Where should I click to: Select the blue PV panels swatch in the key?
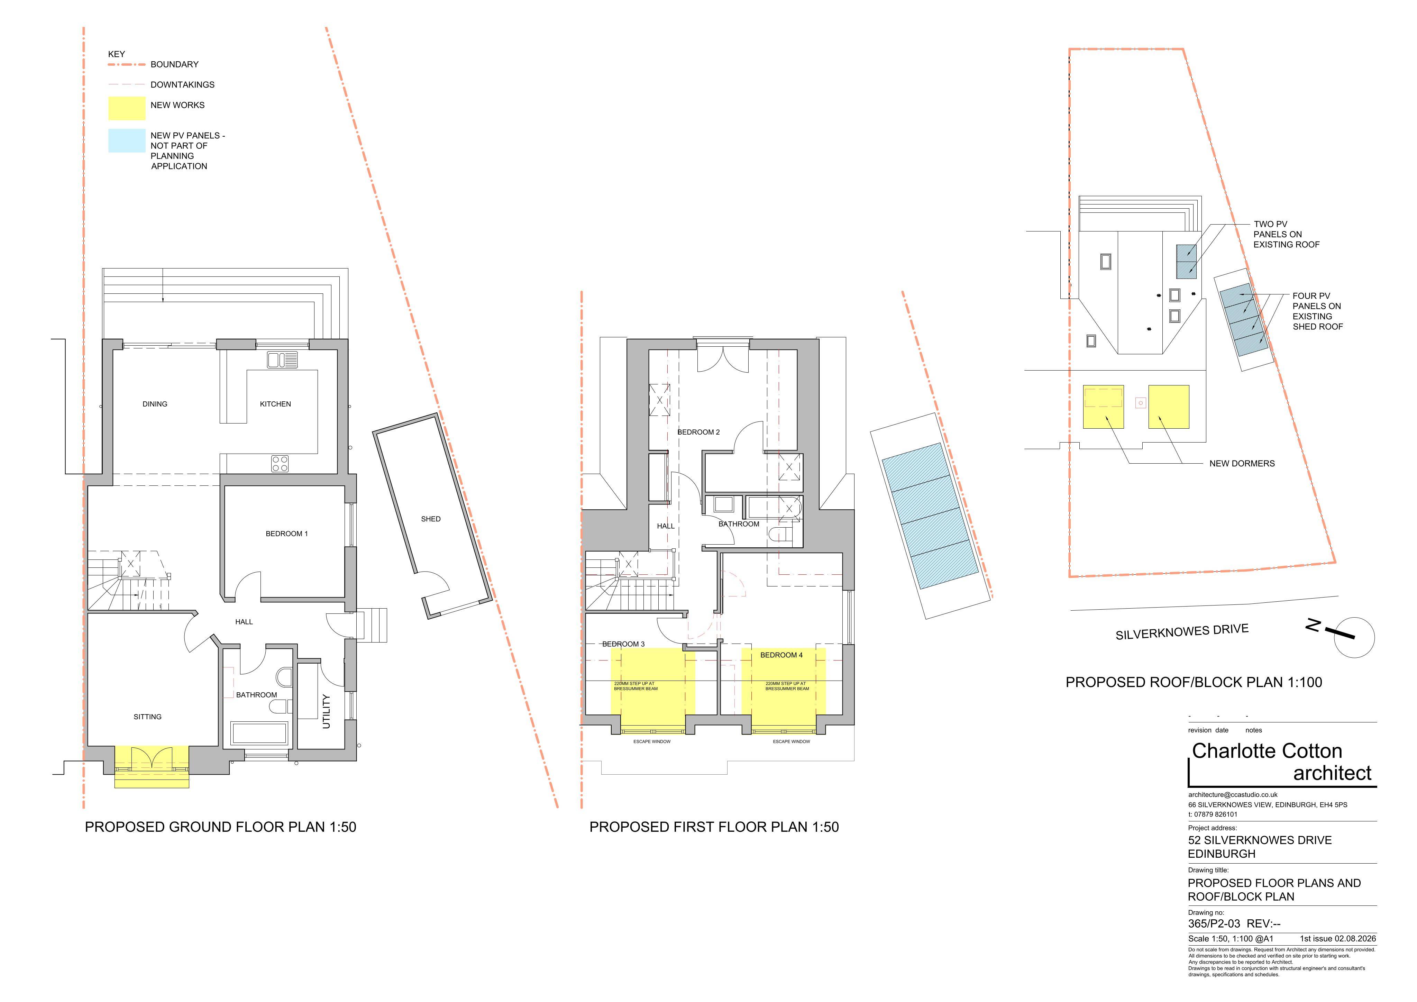(127, 140)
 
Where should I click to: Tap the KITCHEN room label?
(275, 404)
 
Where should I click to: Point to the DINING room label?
(155, 404)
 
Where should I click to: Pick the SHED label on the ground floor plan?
(431, 519)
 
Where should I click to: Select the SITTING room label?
(147, 717)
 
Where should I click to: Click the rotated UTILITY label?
(327, 711)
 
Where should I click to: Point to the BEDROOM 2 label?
(698, 432)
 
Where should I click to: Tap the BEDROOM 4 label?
(781, 655)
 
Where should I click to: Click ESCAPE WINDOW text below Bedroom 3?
(652, 741)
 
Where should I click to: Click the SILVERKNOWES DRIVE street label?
(1182, 631)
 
